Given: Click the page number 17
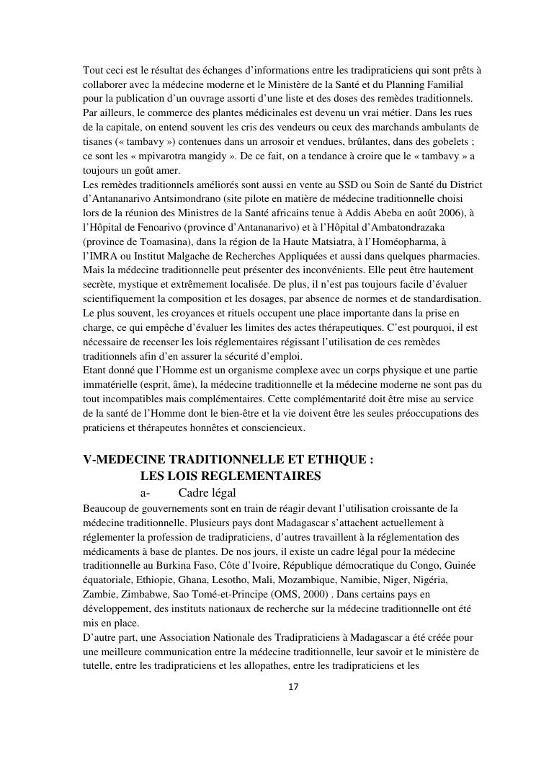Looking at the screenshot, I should pos(292,686).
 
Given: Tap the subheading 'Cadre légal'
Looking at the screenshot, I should pos(207,493).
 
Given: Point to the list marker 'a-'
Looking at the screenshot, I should pos(145,493).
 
